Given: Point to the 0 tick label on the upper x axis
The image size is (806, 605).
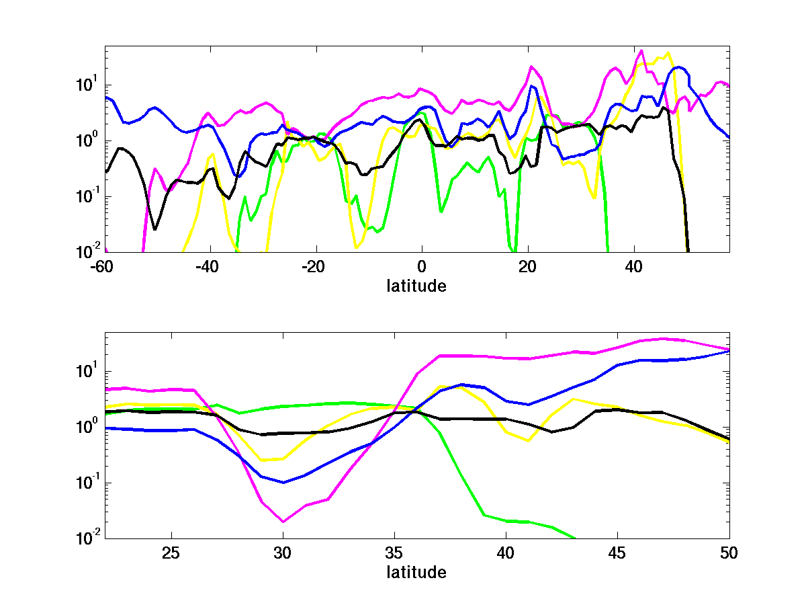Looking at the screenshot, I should click(x=421, y=266).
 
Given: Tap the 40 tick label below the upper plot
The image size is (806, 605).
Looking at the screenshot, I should click(x=633, y=266).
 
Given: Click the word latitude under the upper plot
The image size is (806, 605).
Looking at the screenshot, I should click(x=416, y=286).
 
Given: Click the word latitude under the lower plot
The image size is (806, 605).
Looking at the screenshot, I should click(x=416, y=573).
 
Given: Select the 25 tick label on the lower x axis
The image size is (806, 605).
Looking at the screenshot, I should click(x=172, y=553).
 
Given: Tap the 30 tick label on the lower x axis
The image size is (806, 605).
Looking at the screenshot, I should click(x=283, y=553).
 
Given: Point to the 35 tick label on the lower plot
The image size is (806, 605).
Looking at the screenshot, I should click(x=395, y=553).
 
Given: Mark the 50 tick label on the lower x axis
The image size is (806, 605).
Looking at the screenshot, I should click(x=729, y=553).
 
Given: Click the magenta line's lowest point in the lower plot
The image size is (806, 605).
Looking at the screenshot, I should click(x=283, y=522).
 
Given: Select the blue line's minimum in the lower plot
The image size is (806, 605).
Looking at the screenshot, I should click(x=283, y=483).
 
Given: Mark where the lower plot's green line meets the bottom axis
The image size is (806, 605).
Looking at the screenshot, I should click(x=576, y=538).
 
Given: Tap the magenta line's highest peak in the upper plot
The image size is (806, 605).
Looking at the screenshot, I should click(x=641, y=50).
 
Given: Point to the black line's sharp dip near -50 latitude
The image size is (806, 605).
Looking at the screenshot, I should click(x=155, y=229).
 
